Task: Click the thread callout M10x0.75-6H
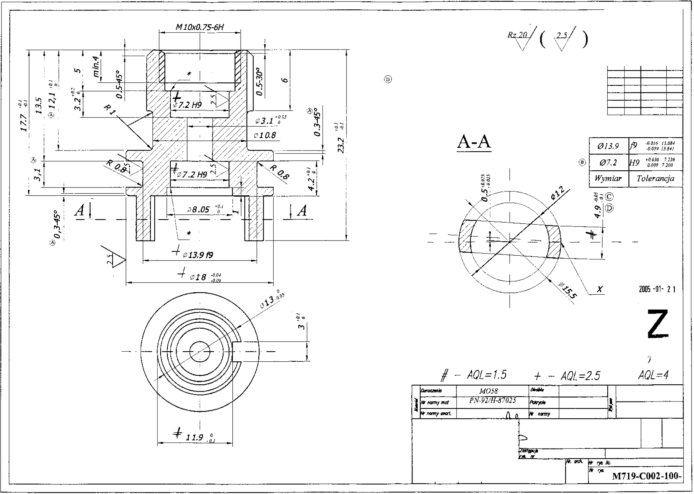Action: pyautogui.click(x=199, y=27)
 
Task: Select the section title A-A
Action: pyautogui.click(x=474, y=142)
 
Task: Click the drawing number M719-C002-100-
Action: pyautogui.click(x=646, y=476)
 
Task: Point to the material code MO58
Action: pyautogui.click(x=488, y=391)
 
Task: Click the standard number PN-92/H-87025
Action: pyautogui.click(x=492, y=400)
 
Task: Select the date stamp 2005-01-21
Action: pyautogui.click(x=657, y=289)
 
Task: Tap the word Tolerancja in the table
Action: pyautogui.click(x=655, y=179)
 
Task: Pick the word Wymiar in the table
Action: pyautogui.click(x=608, y=179)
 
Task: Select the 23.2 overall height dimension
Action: pyautogui.click(x=341, y=146)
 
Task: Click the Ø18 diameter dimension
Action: pyautogui.click(x=199, y=277)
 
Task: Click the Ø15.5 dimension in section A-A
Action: pyautogui.click(x=568, y=290)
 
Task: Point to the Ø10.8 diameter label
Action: pyautogui.click(x=265, y=136)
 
